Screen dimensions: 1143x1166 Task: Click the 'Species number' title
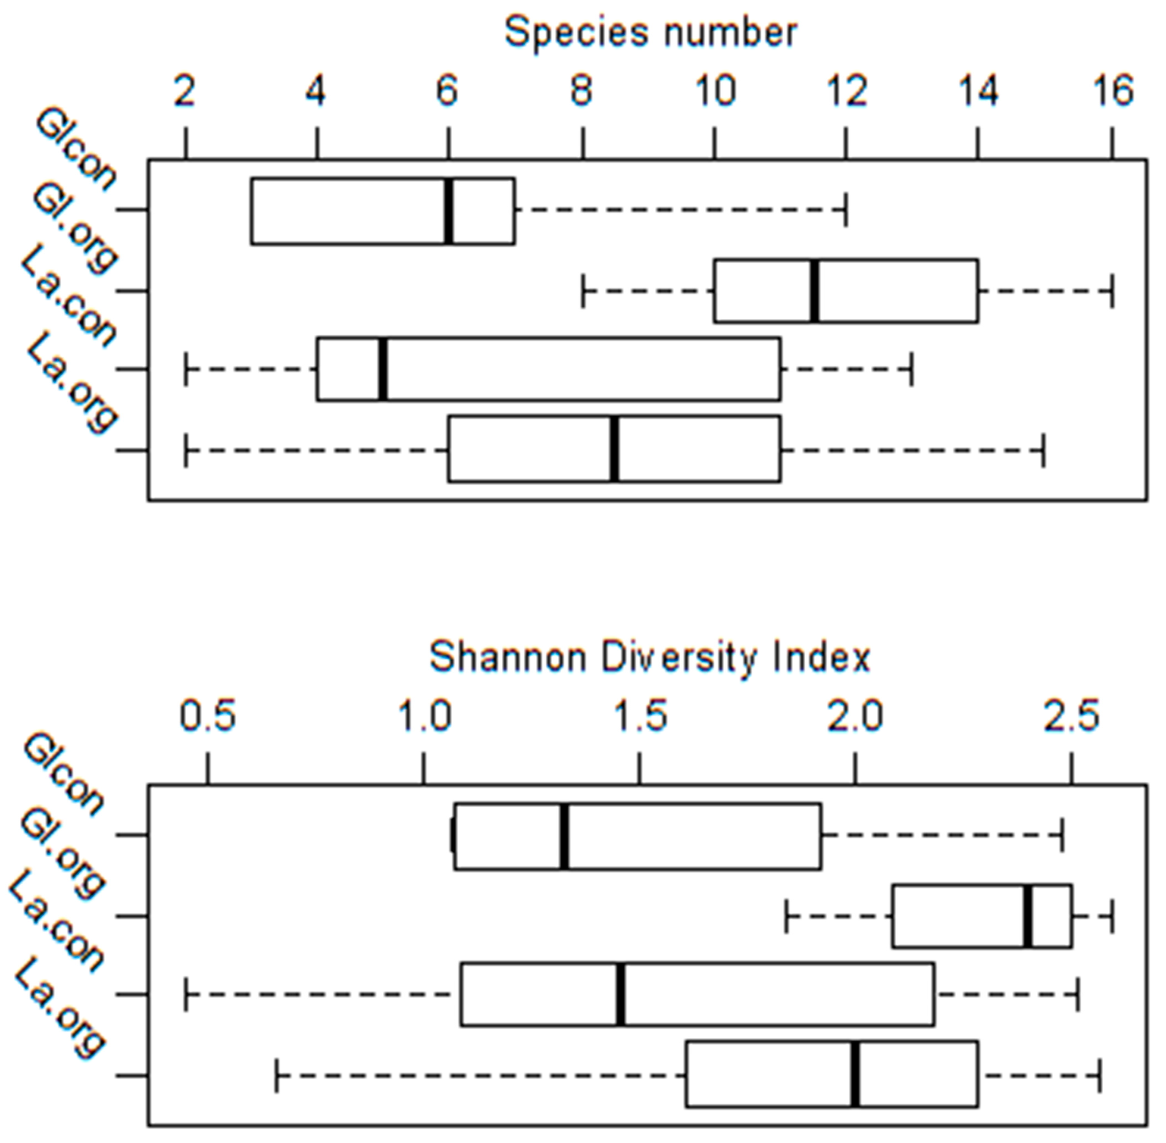click(650, 33)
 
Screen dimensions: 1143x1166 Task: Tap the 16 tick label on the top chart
click(1113, 92)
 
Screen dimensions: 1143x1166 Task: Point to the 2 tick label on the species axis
click(185, 92)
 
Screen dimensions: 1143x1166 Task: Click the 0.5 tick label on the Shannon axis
click(208, 717)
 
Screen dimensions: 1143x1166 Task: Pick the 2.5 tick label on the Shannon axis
click(1071, 717)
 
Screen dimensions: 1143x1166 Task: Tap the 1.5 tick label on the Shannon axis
click(640, 717)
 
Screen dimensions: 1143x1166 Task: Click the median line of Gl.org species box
click(814, 291)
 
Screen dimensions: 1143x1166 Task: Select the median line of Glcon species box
click(448, 211)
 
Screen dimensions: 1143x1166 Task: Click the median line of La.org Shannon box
click(854, 1074)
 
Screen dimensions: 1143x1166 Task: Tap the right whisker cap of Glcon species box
click(846, 210)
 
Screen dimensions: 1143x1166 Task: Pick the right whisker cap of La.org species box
click(1044, 450)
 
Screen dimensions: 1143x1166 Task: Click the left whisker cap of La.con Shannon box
click(187, 995)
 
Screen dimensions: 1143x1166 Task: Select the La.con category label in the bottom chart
click(57, 922)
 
